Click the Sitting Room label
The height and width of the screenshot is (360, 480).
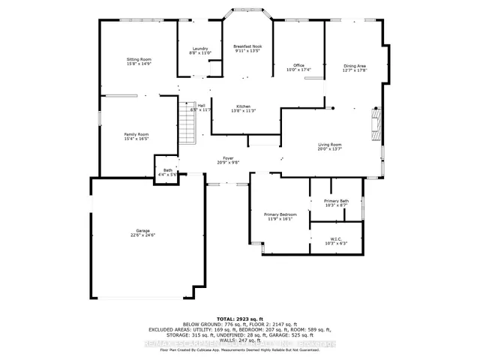(139, 58)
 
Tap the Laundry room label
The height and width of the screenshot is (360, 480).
(200, 48)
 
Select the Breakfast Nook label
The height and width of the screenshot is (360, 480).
(246, 46)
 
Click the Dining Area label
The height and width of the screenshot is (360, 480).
(355, 66)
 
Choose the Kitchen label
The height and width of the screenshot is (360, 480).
(244, 106)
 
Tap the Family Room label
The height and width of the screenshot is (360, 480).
(136, 134)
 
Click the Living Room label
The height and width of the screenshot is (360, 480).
(330, 144)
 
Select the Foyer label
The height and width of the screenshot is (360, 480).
(228, 157)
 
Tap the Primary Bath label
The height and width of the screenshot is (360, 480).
(336, 200)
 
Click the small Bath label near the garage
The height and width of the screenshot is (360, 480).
(167, 170)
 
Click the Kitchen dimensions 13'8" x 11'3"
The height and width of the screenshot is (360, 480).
(244, 111)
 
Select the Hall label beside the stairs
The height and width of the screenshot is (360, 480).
(201, 106)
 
